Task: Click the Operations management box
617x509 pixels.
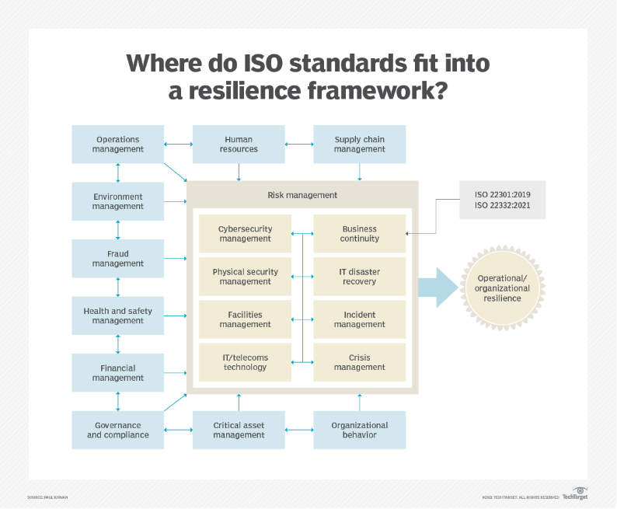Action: (x=118, y=145)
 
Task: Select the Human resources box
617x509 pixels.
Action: (x=239, y=145)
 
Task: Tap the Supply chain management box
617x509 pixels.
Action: (x=359, y=145)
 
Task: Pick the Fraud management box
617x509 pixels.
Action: (x=118, y=259)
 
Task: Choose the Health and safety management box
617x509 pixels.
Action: (x=118, y=316)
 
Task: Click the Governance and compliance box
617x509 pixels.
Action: (x=118, y=430)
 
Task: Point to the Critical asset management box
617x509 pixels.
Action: (x=239, y=430)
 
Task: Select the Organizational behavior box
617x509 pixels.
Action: (x=359, y=430)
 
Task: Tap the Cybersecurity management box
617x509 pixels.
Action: (x=245, y=234)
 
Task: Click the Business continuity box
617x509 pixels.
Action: (x=359, y=234)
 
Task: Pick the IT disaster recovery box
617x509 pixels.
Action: (x=359, y=277)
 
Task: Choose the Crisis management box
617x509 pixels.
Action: (x=359, y=362)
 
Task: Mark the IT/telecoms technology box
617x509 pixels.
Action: (x=245, y=362)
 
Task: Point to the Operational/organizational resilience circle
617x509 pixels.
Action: (x=503, y=288)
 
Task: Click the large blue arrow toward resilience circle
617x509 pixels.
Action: (x=438, y=288)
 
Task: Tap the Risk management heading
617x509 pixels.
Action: (x=302, y=195)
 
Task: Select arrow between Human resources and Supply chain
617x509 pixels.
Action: (x=299, y=145)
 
